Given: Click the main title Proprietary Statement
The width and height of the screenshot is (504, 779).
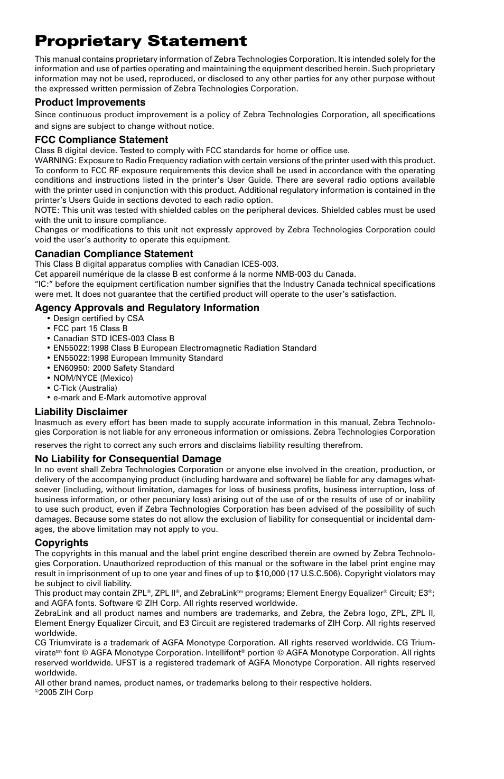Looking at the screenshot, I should (141, 41).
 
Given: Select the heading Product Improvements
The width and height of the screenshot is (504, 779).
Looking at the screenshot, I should (90, 102).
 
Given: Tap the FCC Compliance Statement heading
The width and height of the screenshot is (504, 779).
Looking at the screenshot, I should (101, 140).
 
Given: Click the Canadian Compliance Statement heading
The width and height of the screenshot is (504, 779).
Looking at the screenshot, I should (114, 254).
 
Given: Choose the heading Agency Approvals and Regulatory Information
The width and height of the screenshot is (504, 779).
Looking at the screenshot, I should (147, 308).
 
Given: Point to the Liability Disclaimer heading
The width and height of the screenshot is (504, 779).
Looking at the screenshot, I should (81, 412).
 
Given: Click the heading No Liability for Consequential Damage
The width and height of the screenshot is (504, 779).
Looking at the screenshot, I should (128, 459).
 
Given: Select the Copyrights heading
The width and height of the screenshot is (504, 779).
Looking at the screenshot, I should (61, 543).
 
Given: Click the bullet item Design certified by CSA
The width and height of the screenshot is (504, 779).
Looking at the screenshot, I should (98, 318).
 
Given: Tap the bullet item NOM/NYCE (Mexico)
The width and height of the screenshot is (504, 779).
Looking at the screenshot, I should (92, 378).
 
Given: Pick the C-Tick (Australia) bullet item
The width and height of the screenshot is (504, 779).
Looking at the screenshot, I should (85, 388).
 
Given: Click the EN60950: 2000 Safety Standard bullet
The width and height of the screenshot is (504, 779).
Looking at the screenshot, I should (113, 368).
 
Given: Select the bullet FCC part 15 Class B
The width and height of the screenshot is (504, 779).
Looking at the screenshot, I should (90, 329).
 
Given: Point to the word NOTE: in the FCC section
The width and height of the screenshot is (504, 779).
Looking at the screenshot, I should (48, 210).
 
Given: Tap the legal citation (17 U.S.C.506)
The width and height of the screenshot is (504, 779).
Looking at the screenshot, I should (317, 574).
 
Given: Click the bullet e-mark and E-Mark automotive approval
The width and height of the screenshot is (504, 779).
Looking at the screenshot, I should (129, 398).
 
